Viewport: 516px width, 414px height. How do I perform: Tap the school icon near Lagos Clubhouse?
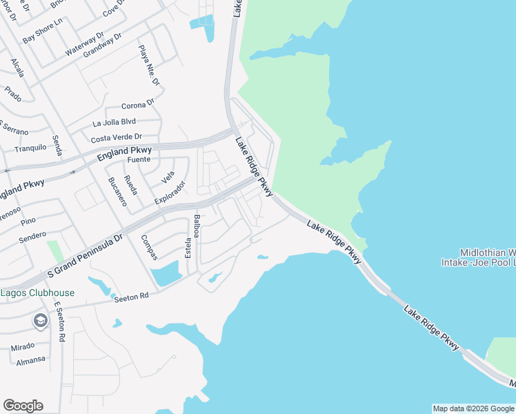coord(41,321)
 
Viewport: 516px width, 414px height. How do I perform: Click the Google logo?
coord(23,406)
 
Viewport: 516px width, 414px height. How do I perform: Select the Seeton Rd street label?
coord(130,297)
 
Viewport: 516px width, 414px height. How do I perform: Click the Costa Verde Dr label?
coord(116,138)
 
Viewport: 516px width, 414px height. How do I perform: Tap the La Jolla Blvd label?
coord(114,123)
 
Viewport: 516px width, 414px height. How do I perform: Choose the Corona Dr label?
coord(138,105)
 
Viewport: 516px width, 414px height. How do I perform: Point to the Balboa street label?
coord(197,226)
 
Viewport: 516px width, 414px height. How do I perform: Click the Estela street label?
coord(188,248)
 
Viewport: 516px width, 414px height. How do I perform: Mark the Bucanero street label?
coord(115,193)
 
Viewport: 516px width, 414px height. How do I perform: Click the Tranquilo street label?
coord(30,148)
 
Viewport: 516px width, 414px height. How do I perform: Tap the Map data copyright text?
coord(474,408)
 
